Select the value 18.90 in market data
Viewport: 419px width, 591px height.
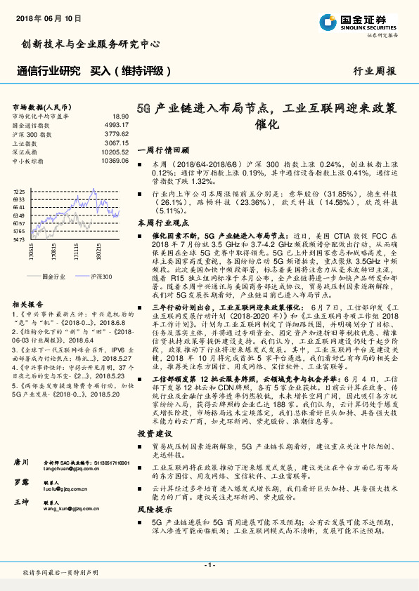pyautogui.click(x=120, y=117)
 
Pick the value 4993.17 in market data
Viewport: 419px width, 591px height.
pyautogui.click(x=117, y=124)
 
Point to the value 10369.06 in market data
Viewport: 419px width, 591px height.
pyautogui.click(x=115, y=161)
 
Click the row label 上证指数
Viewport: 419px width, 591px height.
pyautogui.click(x=26, y=142)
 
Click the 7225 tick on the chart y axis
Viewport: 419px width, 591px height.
pyautogui.click(x=19, y=191)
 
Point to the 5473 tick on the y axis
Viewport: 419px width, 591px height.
pyautogui.click(x=19, y=239)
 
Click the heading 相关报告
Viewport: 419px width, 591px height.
pyautogui.click(x=27, y=303)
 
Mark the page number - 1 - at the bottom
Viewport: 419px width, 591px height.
pyautogui.click(x=209, y=565)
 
